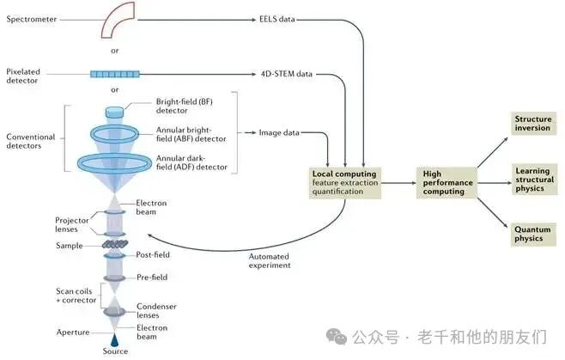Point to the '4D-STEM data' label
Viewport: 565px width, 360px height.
pyautogui.click(x=287, y=73)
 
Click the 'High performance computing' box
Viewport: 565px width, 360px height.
pyautogui.click(x=444, y=181)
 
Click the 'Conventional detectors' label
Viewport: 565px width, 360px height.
pyautogui.click(x=31, y=141)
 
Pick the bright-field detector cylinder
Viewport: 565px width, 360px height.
pyautogui.click(x=114, y=112)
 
